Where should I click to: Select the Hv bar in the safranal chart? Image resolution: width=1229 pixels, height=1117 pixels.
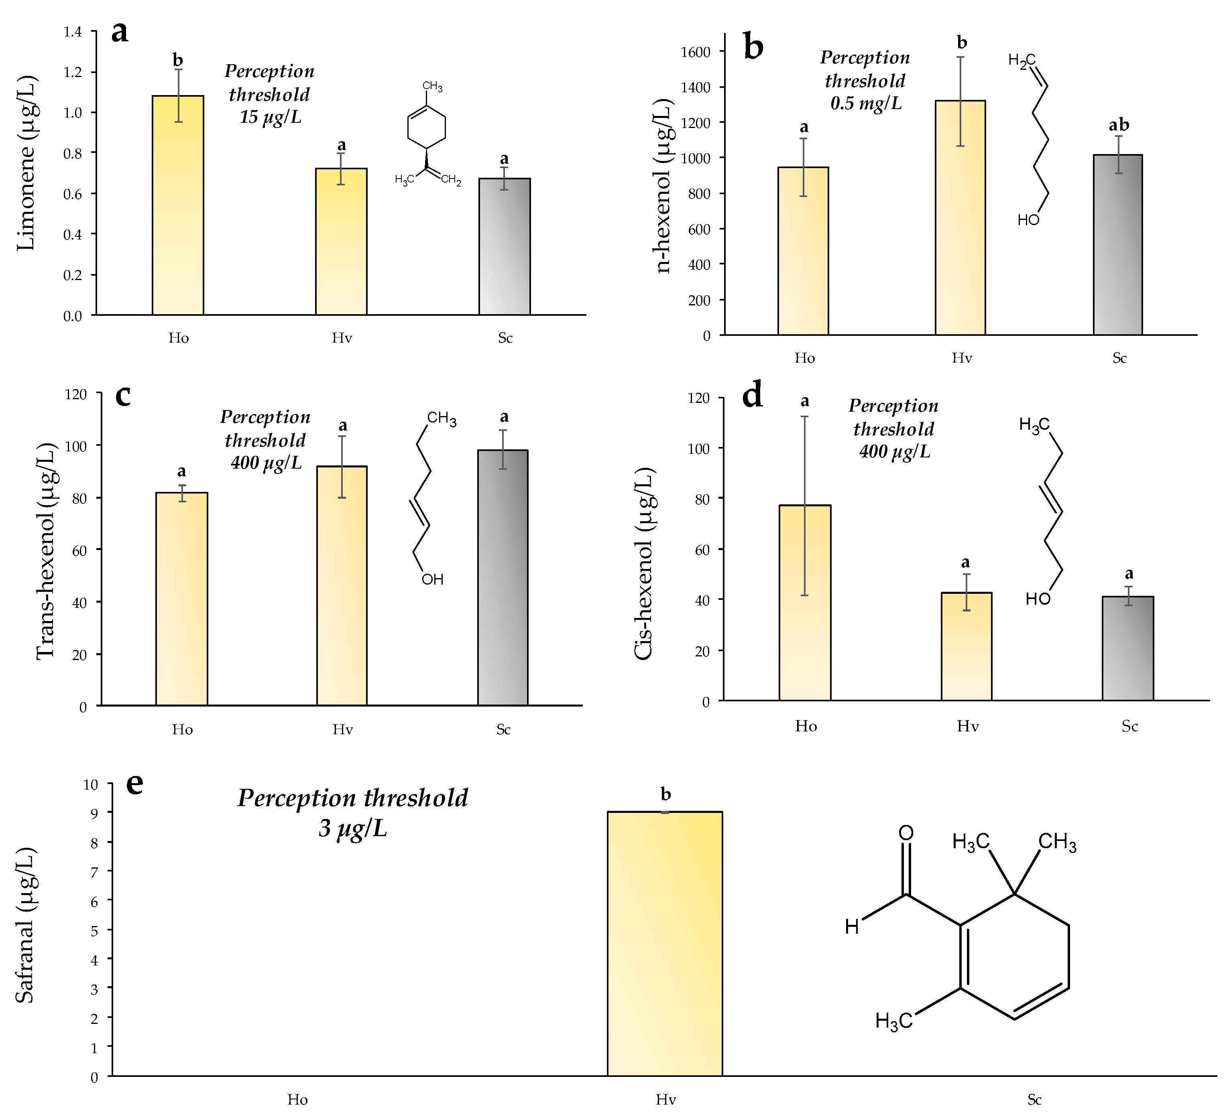coord(665,944)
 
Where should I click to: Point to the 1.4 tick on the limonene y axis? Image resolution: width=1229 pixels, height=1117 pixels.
coord(73,32)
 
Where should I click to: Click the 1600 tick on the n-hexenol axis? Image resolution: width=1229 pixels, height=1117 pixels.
coord(696,52)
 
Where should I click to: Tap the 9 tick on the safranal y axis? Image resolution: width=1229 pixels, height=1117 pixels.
coord(94,812)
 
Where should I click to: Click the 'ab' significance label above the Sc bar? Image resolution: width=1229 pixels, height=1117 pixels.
coord(1119,125)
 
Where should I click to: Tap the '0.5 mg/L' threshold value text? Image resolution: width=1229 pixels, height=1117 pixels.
coord(866,104)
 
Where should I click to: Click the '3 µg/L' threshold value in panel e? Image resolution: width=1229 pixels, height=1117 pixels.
coord(352,829)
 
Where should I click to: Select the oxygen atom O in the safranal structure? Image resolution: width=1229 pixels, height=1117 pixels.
coord(906,833)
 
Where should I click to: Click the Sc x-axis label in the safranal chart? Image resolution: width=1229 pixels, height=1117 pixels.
coord(1034,1100)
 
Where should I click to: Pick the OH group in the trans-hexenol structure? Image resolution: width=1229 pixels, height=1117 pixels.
coord(432,579)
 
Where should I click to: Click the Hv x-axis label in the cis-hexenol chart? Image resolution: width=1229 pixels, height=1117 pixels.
coord(967,726)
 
